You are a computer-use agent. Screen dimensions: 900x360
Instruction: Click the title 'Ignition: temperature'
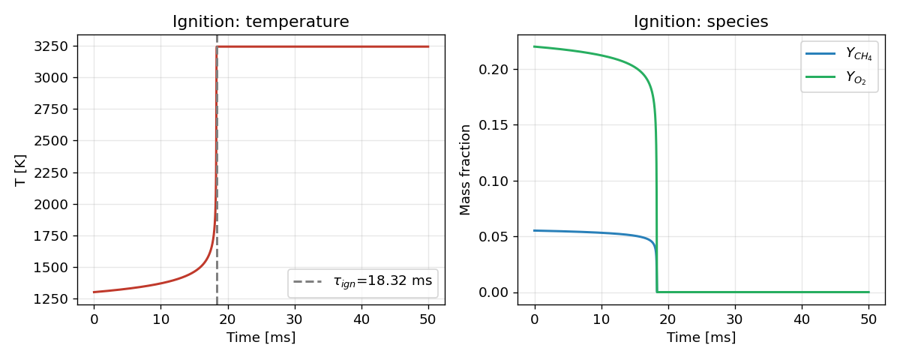261,21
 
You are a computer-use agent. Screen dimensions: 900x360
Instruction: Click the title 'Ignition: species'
701,21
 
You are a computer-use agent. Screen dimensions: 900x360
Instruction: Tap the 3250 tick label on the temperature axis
51,46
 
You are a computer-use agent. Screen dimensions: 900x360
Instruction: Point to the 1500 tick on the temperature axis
51,268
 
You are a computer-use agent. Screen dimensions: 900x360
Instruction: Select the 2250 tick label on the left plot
51,172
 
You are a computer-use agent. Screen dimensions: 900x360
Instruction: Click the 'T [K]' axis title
20,170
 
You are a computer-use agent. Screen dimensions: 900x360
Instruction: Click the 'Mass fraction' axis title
465,170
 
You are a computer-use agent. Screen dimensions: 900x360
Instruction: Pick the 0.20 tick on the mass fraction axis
493,70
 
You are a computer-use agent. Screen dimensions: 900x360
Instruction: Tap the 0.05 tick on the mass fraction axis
493,237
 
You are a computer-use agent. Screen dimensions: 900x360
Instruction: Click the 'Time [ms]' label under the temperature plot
261,337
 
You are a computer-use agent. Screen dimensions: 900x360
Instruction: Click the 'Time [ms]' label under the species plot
701,337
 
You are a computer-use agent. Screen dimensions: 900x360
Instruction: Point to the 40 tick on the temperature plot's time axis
361,319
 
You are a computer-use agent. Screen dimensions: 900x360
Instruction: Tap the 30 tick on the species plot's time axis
735,319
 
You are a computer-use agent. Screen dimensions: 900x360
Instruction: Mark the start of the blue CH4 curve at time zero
534,231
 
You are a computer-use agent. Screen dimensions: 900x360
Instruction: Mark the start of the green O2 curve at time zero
534,46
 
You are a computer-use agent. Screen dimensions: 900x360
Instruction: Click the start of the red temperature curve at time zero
94,292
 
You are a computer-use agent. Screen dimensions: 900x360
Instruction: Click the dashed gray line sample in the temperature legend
307,281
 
